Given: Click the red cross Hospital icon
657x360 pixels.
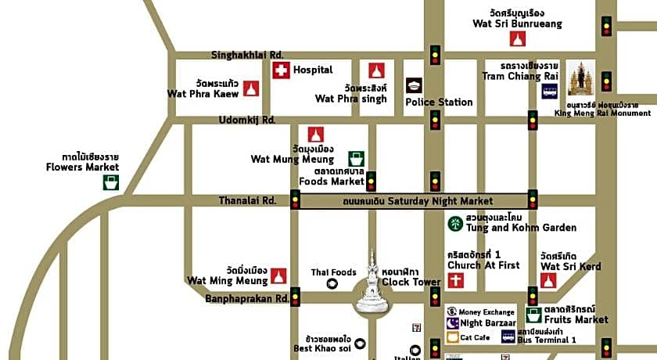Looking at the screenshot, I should coord(281,70).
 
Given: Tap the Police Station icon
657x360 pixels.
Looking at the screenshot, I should coord(414,85).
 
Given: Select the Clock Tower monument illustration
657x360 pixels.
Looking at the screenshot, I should coord(372,283).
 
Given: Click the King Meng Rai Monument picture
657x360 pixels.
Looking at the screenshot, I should coord(581,78).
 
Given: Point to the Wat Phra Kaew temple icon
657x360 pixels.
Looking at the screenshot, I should coord(250,88).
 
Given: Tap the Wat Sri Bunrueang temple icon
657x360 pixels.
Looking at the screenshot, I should coord(517,38).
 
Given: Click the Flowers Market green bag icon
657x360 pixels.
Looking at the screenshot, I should coord(112,182).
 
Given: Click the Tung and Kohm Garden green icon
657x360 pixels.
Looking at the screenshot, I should coord(454,223).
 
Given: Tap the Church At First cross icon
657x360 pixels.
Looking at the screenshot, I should coord(456,280).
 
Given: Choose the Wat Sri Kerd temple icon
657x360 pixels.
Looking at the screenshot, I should coord(548,280).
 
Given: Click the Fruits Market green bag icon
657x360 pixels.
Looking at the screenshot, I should coord(534,315).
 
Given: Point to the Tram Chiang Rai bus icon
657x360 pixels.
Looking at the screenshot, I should coord(550,91).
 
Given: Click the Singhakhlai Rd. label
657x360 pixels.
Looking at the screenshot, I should coord(247,55).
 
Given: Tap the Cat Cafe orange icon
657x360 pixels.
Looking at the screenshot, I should coord(452,337).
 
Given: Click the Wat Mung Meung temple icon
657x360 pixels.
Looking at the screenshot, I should coord(315,135).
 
